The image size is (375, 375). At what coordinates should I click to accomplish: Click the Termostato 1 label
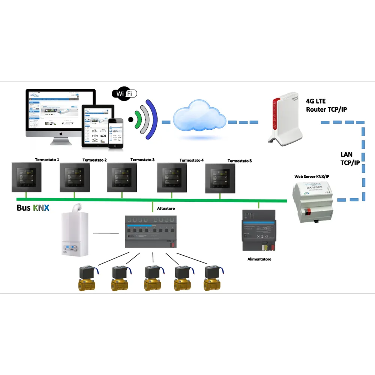click(x=47, y=159)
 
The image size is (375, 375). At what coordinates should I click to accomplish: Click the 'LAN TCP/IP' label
click(x=349, y=159)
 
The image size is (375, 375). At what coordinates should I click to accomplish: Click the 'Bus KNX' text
click(x=33, y=208)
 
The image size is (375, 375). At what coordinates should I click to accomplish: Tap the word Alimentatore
click(x=259, y=259)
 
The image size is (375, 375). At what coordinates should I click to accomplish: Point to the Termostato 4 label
click(x=191, y=160)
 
